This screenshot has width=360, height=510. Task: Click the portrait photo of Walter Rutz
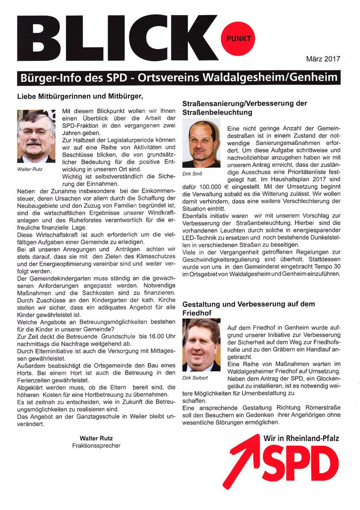pos(36,136)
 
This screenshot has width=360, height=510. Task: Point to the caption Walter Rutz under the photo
pos(30,169)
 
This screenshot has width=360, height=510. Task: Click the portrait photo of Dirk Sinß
pos(201,144)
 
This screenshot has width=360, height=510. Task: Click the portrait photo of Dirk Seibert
pos(201,345)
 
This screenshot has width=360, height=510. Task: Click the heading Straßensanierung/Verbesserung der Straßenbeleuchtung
pos(244,108)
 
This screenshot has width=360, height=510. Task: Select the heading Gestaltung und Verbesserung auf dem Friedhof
pos(244,308)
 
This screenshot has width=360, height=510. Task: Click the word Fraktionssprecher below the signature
pos(96,445)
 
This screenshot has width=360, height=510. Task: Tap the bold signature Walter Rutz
pos(96,438)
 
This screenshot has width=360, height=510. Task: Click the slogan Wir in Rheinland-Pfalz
pos(301,438)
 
